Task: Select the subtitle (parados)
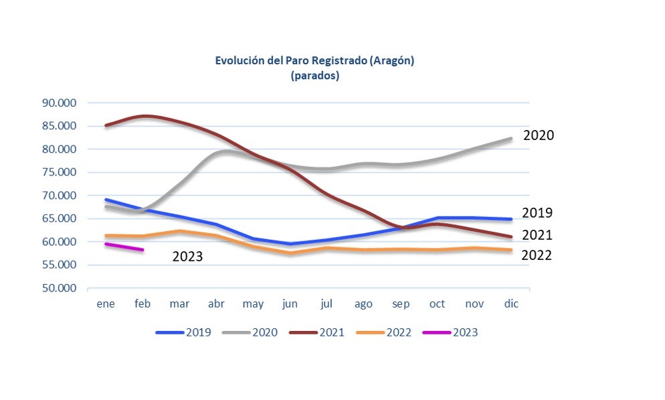click(x=314, y=76)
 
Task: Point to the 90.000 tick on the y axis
click(x=60, y=103)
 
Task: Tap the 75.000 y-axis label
click(x=60, y=172)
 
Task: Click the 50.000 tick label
click(x=60, y=288)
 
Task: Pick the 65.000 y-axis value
click(x=60, y=218)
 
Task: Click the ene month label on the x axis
click(x=106, y=304)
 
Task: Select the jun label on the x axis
click(x=290, y=304)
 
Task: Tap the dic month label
click(x=511, y=304)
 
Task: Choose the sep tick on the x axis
click(x=400, y=304)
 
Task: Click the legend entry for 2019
click(x=183, y=332)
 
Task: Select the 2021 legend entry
click(x=317, y=332)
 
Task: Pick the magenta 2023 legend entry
click(x=450, y=332)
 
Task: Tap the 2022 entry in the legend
click(x=384, y=332)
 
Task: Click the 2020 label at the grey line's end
click(x=539, y=135)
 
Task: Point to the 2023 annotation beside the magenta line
click(x=187, y=257)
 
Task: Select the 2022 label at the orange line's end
click(x=537, y=255)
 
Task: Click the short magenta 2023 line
click(x=124, y=247)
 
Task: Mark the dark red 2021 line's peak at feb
click(x=145, y=116)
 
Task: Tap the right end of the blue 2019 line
click(x=511, y=219)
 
